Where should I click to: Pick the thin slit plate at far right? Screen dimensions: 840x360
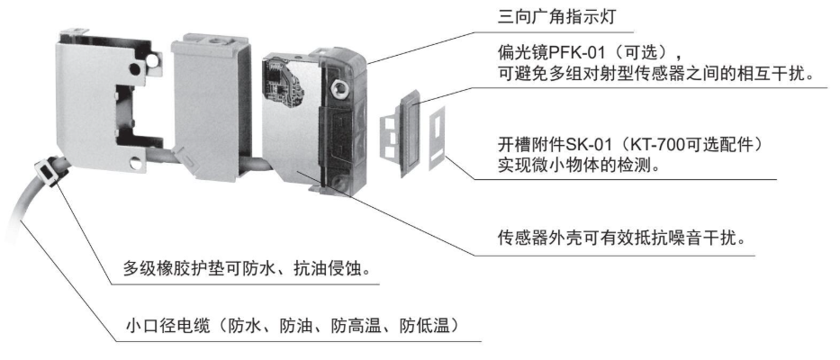pos(438,137)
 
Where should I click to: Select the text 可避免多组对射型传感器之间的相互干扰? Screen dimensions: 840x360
pos(655,74)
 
